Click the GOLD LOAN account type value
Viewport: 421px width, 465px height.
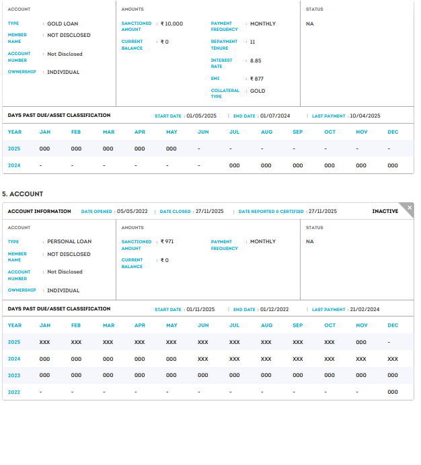(x=63, y=24)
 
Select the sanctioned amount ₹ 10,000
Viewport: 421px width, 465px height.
(x=171, y=24)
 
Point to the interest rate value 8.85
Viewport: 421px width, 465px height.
(x=256, y=60)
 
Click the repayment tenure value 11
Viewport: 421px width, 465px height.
(x=252, y=42)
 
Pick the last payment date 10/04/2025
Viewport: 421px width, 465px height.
(x=365, y=116)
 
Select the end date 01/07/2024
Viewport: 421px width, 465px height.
(x=275, y=116)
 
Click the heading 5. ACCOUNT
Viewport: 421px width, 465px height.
(x=23, y=194)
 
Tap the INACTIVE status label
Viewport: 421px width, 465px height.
(x=385, y=211)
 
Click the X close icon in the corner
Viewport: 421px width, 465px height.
(x=410, y=208)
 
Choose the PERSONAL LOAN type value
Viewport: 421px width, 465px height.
(x=69, y=241)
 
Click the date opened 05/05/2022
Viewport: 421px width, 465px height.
(x=133, y=211)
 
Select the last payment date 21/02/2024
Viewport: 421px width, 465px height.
(x=365, y=309)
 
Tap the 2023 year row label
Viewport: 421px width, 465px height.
(x=14, y=376)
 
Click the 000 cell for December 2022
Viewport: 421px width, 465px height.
(x=393, y=392)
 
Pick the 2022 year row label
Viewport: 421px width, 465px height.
(x=14, y=392)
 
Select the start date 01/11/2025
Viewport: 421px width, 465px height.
(x=200, y=309)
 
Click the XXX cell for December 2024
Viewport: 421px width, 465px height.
(x=393, y=359)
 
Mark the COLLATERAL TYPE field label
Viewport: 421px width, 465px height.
(x=225, y=93)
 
